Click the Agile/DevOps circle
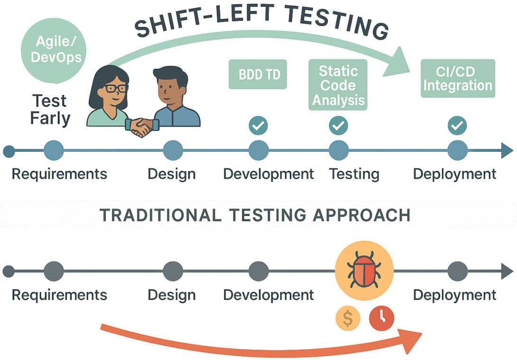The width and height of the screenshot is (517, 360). point(54,50)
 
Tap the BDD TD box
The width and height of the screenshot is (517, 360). point(258,74)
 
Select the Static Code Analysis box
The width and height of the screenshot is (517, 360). point(338,85)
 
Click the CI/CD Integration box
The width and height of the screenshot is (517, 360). point(458,78)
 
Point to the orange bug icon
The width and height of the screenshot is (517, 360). point(364,270)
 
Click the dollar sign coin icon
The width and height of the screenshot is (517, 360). point(348,318)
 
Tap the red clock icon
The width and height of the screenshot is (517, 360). point(381,318)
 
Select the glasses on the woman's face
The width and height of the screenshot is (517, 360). point(115,88)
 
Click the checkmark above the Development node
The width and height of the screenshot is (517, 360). point(258,126)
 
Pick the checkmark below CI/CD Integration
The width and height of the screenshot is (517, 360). point(457,126)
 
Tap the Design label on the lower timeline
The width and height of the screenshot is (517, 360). point(171,295)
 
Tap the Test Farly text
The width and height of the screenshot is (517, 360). point(50,110)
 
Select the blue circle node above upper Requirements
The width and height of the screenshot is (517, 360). point(54,150)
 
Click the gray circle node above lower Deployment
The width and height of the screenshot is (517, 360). point(458,271)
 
